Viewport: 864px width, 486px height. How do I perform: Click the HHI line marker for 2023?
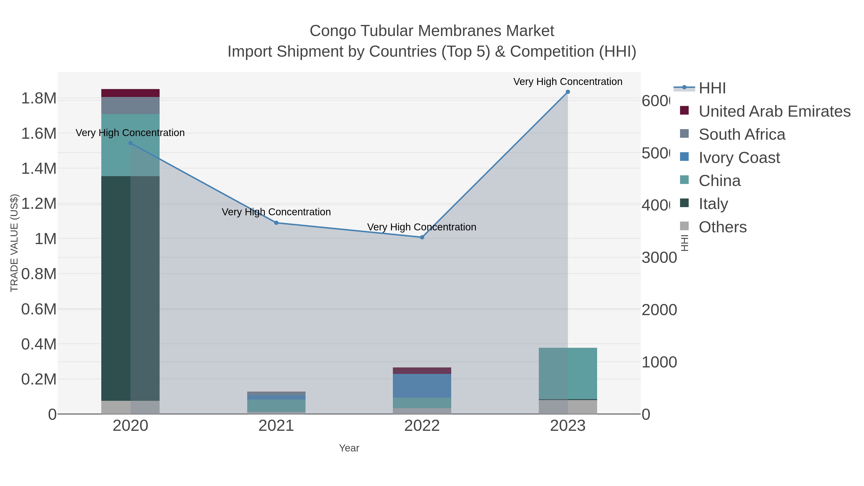click(568, 92)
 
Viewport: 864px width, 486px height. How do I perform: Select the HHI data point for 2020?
click(131, 143)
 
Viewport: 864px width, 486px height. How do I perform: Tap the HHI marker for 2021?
click(276, 223)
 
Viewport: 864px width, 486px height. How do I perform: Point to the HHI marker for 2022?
click(422, 237)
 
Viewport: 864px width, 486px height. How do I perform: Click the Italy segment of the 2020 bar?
click(131, 288)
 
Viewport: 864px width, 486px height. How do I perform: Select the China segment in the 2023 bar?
click(568, 373)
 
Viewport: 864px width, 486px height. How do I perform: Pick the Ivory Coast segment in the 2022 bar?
click(422, 386)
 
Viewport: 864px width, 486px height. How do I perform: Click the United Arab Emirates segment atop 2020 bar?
click(131, 93)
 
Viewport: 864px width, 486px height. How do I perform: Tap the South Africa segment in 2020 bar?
click(131, 106)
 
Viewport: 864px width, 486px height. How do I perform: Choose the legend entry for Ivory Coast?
click(739, 158)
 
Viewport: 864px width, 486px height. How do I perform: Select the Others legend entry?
click(722, 227)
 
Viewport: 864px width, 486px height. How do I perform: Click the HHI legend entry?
click(712, 88)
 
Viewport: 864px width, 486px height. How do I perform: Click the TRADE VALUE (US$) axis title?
click(14, 243)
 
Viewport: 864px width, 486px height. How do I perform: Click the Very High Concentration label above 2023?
click(568, 82)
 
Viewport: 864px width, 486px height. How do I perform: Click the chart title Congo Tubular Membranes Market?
click(432, 31)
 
